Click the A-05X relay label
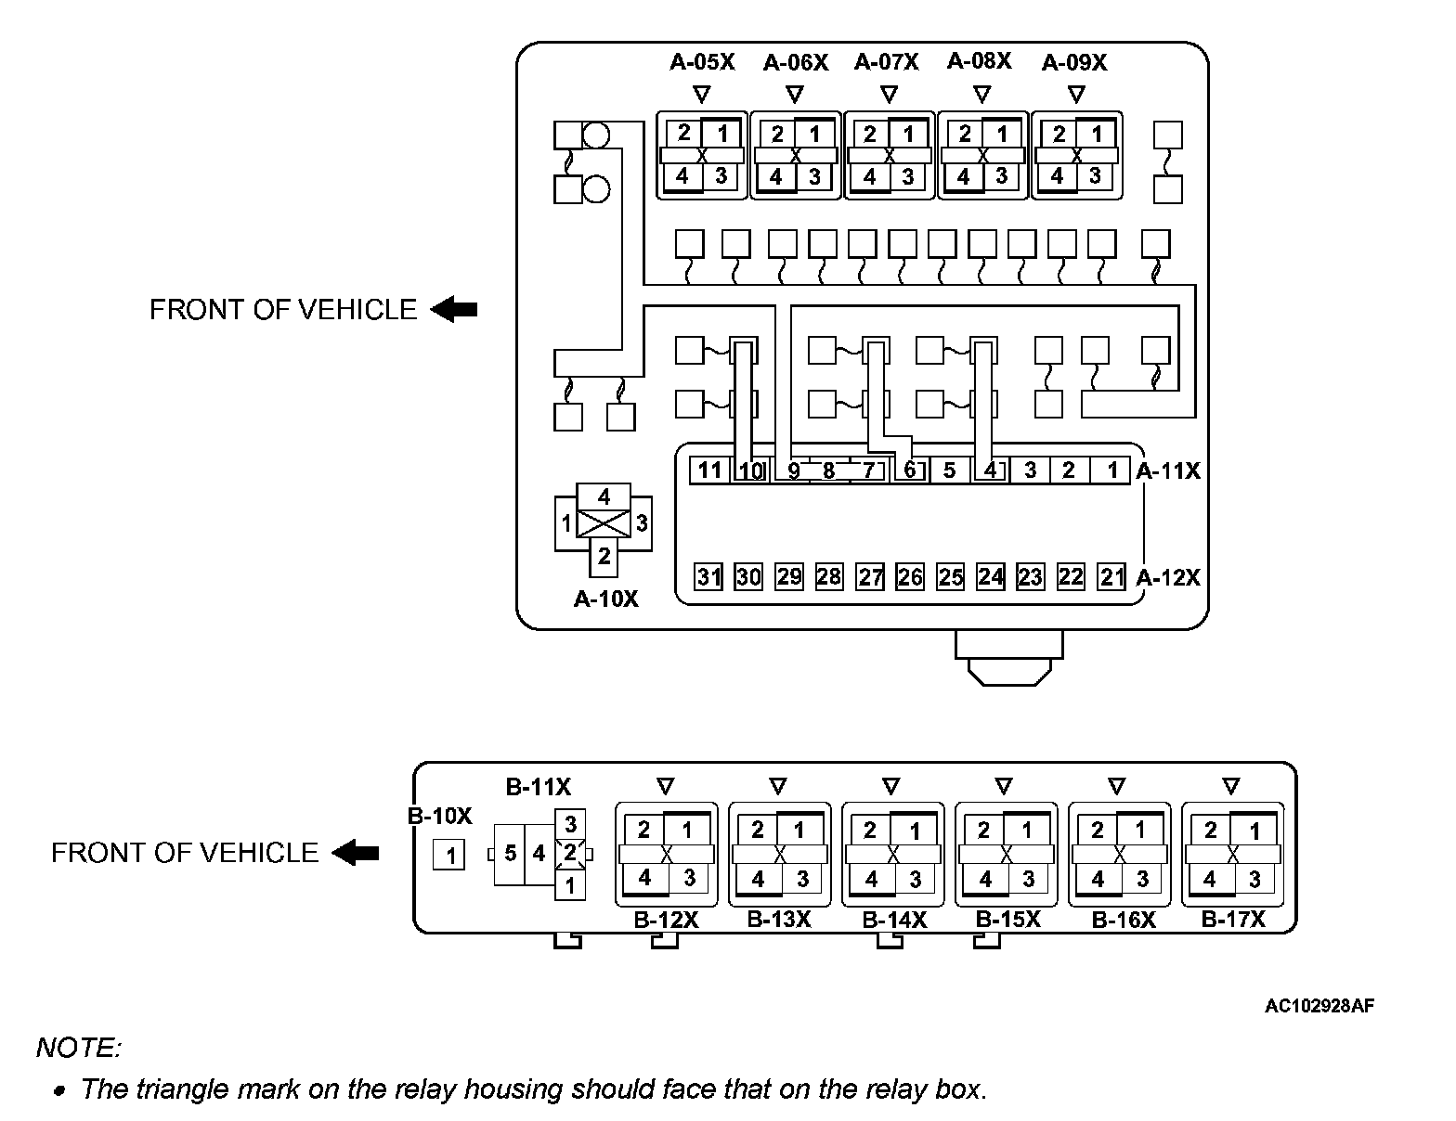pos(702,62)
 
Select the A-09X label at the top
pos(1074,62)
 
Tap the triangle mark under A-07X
pos(889,94)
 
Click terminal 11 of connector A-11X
pos(709,470)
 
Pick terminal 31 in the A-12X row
pos(708,576)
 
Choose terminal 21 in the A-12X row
pos(1111,576)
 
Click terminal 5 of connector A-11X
pos(949,470)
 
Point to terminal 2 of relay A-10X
pos(604,556)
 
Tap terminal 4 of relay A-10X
pos(604,496)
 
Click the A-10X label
pos(605,599)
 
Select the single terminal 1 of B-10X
pos(450,855)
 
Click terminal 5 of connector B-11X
pos(510,852)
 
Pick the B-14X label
pos(894,920)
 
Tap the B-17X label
pos(1233,919)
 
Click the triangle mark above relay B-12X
pos(665,786)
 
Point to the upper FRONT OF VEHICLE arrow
pos(454,309)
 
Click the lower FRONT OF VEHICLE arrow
pos(356,852)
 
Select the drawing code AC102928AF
pos(1319,1005)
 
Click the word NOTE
pos(78,1049)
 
